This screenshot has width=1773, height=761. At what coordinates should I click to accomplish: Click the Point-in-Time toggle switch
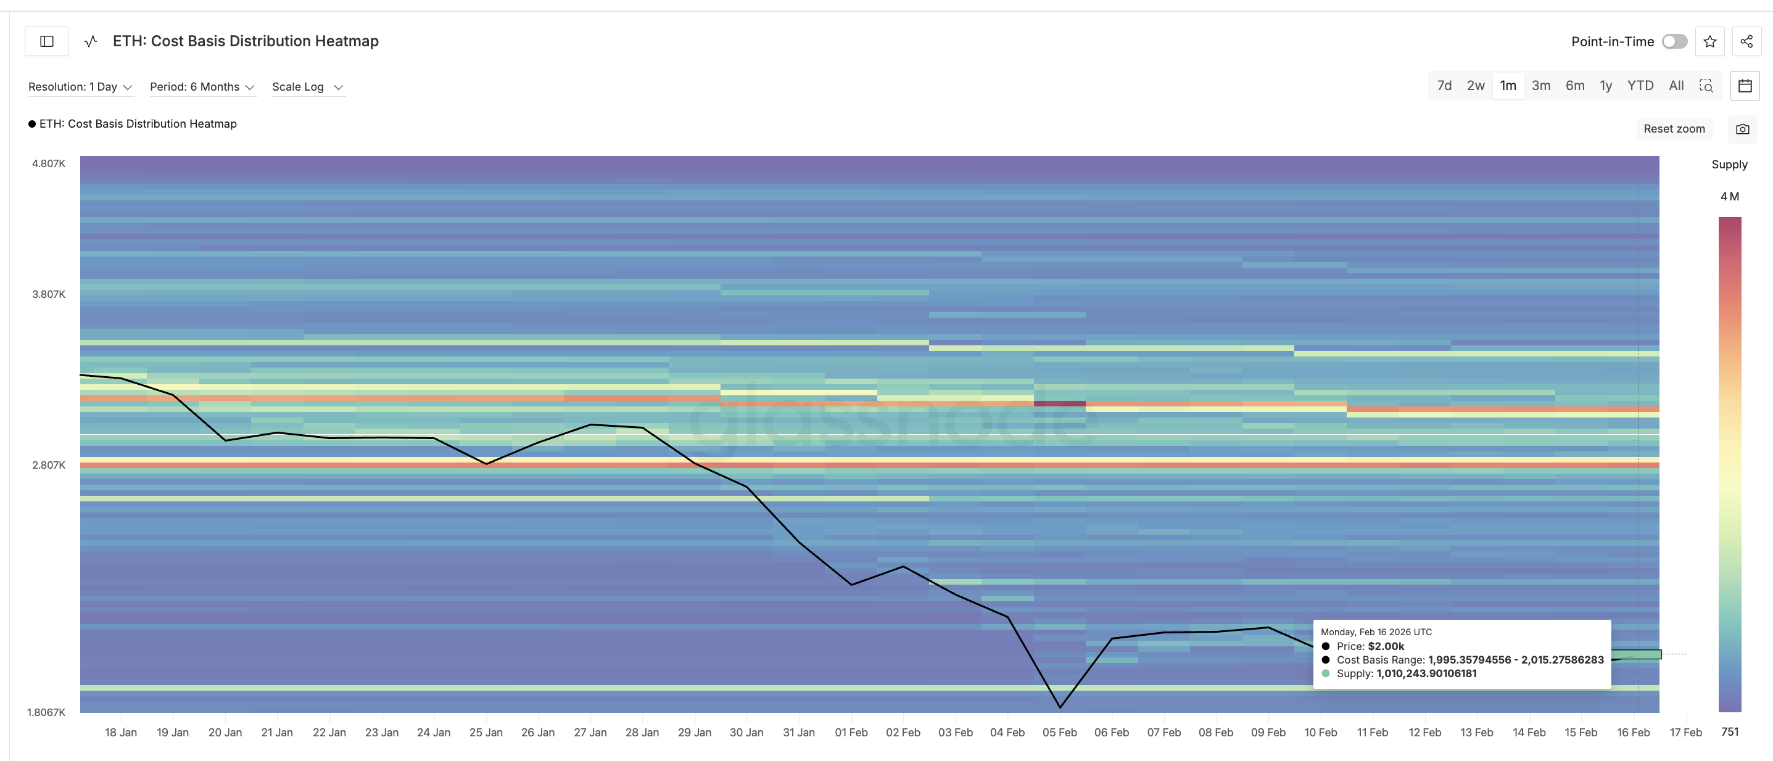click(x=1674, y=41)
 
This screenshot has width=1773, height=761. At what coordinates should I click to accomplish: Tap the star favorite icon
click(x=1709, y=41)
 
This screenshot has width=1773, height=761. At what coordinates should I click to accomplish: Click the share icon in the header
click(x=1746, y=41)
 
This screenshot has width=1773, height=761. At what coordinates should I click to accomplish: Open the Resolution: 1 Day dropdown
click(x=80, y=87)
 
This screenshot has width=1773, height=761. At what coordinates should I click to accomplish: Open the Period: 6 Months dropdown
click(x=202, y=87)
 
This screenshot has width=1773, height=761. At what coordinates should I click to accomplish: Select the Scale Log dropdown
click(x=307, y=87)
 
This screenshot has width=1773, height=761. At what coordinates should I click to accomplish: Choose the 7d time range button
click(x=1444, y=85)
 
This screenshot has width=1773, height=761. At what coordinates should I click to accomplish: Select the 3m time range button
click(x=1541, y=85)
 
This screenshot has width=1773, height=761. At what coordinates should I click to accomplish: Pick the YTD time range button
click(x=1640, y=85)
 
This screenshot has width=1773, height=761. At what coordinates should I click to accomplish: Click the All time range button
click(x=1676, y=85)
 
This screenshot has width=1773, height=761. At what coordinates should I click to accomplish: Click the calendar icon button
click(x=1745, y=85)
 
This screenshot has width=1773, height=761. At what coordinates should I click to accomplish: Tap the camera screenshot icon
click(x=1742, y=129)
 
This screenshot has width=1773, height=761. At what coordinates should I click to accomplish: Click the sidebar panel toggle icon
click(x=47, y=41)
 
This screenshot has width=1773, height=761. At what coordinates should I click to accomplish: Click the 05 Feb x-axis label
click(x=1059, y=732)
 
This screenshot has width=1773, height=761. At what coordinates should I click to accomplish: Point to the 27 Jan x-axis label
click(x=590, y=732)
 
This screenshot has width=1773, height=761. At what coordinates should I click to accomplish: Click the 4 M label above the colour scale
click(x=1729, y=196)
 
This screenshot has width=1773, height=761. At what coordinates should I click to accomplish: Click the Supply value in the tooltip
click(x=1426, y=673)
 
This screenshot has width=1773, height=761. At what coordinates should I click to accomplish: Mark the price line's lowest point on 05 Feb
click(x=1060, y=707)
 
